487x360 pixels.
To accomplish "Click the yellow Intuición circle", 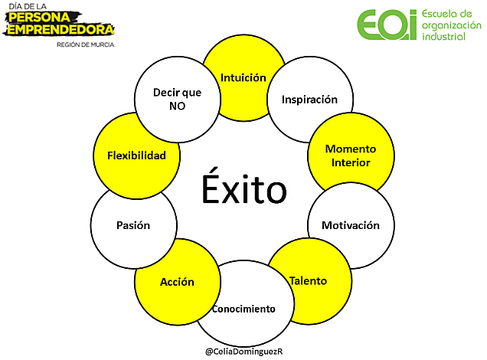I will [243, 77].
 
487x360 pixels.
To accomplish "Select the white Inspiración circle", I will [309, 100].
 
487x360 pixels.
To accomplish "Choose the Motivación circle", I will [350, 225].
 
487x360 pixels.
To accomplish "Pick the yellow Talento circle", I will [308, 280].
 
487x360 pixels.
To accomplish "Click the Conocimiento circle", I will [243, 309].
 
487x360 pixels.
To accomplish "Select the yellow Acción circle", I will [177, 281].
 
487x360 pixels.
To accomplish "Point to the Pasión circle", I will [133, 225].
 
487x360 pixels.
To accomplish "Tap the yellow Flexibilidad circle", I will [136, 155].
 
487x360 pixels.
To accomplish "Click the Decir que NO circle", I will [177, 99].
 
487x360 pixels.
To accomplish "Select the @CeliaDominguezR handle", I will [243, 350].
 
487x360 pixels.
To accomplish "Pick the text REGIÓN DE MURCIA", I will [85, 44].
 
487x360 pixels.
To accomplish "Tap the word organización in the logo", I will [453, 25].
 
